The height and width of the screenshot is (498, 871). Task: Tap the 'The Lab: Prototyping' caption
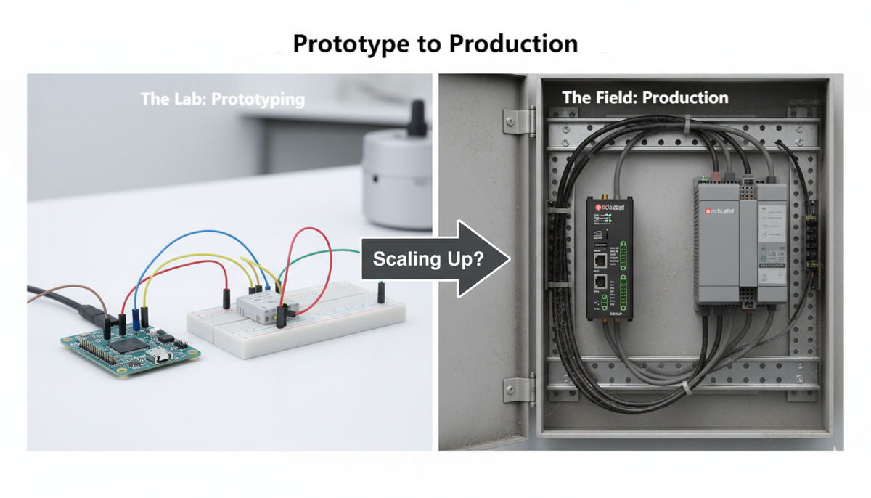[223, 99]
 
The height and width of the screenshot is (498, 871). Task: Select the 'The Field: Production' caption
[645, 97]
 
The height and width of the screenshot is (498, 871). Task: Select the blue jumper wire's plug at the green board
[135, 321]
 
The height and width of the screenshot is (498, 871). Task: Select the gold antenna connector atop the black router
[602, 195]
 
